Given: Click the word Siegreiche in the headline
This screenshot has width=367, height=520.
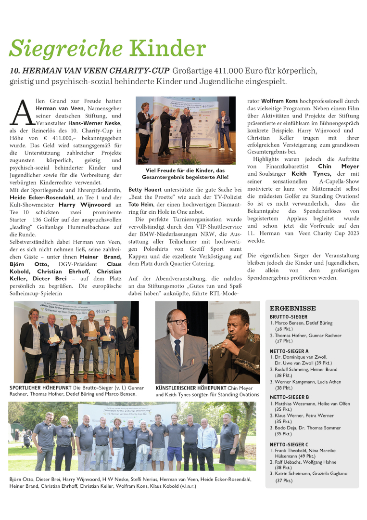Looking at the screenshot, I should (66, 49).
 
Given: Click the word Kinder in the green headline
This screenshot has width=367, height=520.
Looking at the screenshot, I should (168, 49).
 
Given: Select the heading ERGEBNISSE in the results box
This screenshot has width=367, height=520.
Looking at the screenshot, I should (293, 308).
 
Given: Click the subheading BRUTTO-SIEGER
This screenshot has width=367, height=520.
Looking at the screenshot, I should (289, 317).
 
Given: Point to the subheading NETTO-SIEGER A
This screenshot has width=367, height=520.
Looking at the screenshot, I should (290, 351).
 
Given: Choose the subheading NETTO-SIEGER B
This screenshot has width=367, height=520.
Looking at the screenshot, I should (290, 397).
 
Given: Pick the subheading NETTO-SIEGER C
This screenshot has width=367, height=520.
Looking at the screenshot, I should (290, 444).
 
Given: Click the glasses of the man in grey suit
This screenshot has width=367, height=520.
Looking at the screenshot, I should (179, 322).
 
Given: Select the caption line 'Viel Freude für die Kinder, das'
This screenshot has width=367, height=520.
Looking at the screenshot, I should (185, 170).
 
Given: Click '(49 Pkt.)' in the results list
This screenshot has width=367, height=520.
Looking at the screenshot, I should (305, 456).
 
